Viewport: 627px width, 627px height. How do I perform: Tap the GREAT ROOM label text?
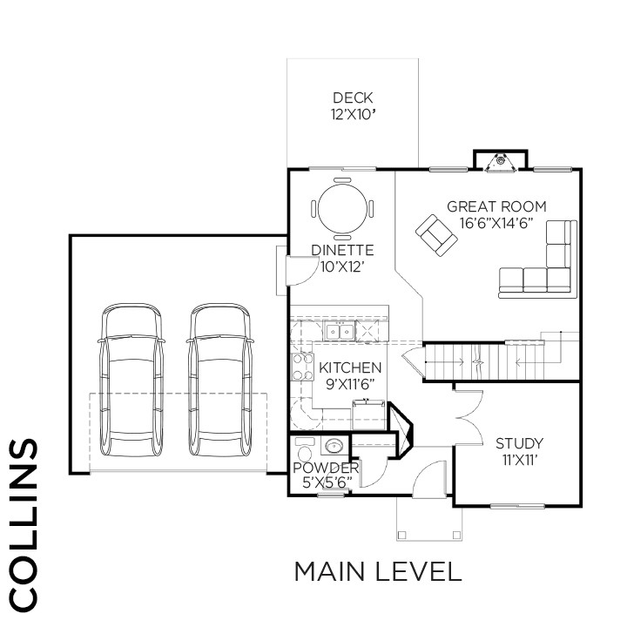pos(496,206)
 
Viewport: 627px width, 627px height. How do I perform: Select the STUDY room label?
pos(519,443)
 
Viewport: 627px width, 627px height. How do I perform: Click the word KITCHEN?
pos(350,367)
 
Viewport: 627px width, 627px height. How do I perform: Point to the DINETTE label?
pos(342,250)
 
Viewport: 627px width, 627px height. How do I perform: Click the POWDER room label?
pos(326,468)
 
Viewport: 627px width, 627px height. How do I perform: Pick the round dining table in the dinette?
pos(343,208)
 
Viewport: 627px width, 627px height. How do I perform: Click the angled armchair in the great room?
pos(436,235)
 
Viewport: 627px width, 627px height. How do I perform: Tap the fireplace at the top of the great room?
pos(500,161)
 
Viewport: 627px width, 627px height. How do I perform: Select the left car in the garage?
pos(131,380)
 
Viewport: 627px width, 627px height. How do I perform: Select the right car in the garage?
pos(220,380)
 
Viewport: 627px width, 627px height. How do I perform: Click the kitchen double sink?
pos(340,331)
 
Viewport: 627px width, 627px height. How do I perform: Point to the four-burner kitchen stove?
pos(303,367)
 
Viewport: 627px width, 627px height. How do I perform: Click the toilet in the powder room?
pos(305,449)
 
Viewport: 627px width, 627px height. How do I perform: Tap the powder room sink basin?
pos(334,446)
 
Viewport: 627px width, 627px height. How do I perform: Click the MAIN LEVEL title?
pos(378,571)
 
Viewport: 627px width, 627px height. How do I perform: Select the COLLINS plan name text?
pos(23,525)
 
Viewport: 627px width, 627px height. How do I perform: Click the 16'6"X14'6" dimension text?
pos(496,223)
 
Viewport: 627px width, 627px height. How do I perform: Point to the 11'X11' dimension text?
pos(519,461)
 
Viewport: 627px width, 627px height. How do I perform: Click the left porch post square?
pos(401,535)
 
